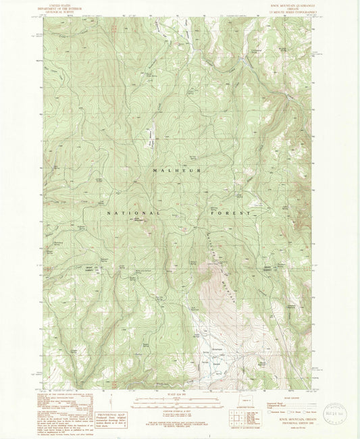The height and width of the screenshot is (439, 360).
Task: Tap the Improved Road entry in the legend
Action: [x=274, y=403]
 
